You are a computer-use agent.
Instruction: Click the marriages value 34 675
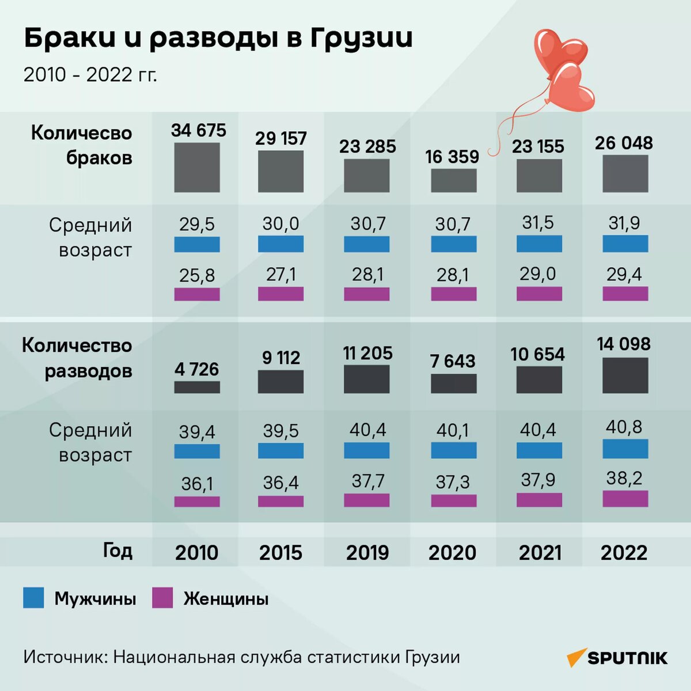tap(198, 130)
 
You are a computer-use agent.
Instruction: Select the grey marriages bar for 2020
tap(453, 180)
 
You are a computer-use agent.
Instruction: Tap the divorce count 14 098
tap(624, 344)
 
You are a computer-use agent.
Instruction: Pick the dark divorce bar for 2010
tap(197, 387)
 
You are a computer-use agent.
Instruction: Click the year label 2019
tap(367, 553)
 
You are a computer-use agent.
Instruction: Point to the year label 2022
tap(624, 553)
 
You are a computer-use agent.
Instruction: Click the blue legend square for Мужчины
tap(33, 598)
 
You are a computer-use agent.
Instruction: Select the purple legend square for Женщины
tap(162, 598)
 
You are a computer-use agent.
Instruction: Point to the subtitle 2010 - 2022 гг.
tap(90, 75)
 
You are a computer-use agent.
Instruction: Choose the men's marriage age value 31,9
tap(624, 223)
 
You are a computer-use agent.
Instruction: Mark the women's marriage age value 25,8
tap(197, 275)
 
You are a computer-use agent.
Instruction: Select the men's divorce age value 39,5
tap(280, 431)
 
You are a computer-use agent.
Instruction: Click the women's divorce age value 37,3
tap(453, 481)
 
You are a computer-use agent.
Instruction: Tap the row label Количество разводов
tap(77, 358)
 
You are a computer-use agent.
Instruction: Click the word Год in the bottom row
tap(117, 550)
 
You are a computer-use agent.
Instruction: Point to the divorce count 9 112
tap(280, 358)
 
